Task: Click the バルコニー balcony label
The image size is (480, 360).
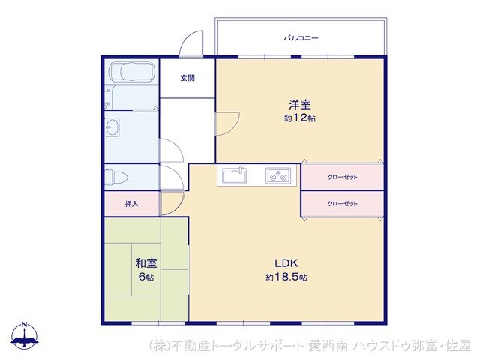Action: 300,37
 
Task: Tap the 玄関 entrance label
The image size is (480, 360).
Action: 187,77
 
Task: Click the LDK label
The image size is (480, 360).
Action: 286,262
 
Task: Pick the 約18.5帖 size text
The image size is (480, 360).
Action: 286,277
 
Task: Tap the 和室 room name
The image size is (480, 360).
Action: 145,262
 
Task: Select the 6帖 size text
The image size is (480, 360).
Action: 145,277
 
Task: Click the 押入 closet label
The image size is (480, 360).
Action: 131,203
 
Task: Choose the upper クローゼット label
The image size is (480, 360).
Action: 343,178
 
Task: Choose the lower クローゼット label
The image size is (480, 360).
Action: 343,203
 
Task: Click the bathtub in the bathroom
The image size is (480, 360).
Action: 131,72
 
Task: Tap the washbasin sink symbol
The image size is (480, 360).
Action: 112,126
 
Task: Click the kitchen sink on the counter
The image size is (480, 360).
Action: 232,176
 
